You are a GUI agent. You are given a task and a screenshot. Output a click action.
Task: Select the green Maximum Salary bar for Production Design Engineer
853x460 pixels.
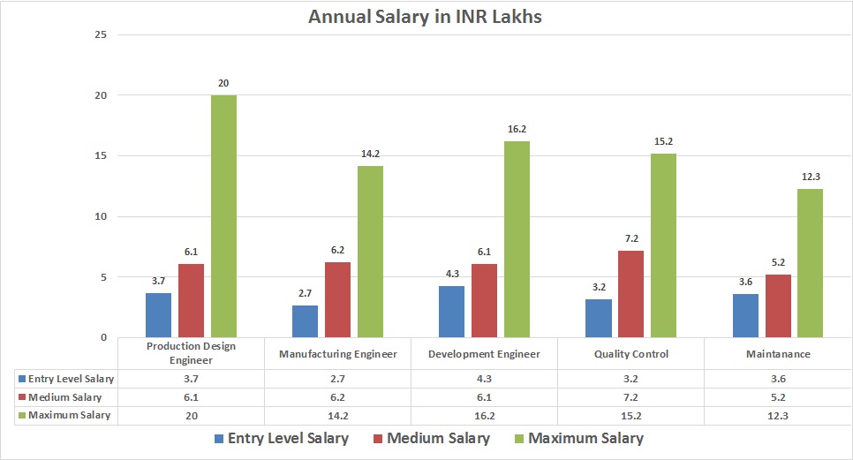pos(223,216)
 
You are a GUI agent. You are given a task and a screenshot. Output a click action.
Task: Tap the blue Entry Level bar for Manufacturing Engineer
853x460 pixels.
pos(306,321)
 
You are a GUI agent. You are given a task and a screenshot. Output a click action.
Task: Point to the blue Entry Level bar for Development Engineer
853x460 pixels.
pos(452,312)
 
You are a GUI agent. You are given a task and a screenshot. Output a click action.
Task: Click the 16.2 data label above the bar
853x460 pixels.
pos(517,129)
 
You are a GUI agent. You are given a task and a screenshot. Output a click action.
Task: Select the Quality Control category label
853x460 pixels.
pos(630,354)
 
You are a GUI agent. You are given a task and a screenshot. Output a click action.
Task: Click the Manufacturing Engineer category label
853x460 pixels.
pos(338,354)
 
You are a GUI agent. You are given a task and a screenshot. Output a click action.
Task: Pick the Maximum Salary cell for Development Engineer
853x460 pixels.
pos(484,415)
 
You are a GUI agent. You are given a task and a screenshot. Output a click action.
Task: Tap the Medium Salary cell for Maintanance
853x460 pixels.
pos(777,397)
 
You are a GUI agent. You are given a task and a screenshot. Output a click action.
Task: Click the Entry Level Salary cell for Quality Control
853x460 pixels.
pos(630,379)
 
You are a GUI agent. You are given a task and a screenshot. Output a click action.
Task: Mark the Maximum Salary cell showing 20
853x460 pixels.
pos(192,415)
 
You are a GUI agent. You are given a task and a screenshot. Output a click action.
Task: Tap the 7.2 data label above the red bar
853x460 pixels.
pos(630,238)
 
